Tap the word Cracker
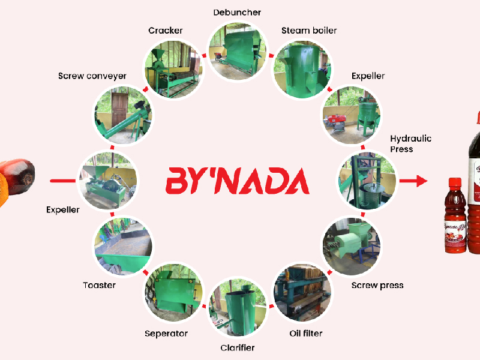(x=166, y=31)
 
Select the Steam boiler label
(x=309, y=31)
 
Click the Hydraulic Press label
(x=410, y=144)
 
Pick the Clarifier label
(x=238, y=348)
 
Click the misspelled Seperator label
(x=166, y=334)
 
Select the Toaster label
(x=99, y=286)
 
